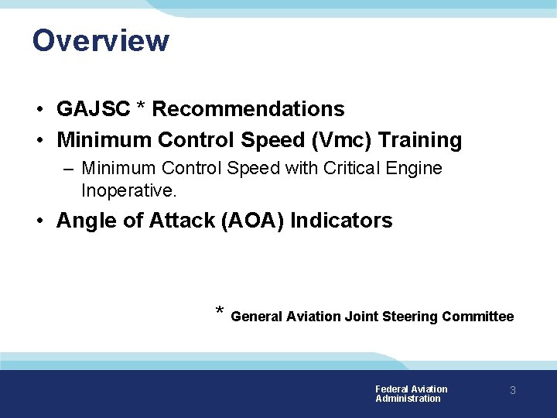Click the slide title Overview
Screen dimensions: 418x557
point(101,40)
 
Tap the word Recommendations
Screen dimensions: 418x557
point(248,109)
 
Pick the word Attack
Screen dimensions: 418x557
point(184,221)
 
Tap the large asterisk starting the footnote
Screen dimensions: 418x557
point(220,312)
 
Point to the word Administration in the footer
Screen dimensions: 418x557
point(408,399)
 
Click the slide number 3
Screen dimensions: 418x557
point(512,391)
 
